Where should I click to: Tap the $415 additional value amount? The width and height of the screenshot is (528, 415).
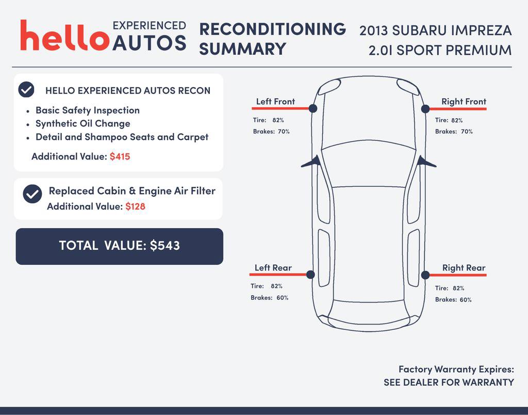pyautogui.click(x=120, y=156)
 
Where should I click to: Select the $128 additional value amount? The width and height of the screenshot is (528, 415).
pyautogui.click(x=135, y=206)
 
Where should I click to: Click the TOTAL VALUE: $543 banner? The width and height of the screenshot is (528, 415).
pyautogui.click(x=119, y=246)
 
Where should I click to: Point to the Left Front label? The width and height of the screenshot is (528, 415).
pyautogui.click(x=275, y=102)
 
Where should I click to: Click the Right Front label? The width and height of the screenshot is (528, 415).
pyautogui.click(x=464, y=102)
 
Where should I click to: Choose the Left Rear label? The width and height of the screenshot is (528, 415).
pyautogui.click(x=273, y=268)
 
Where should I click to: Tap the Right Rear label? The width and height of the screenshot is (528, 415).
pyautogui.click(x=464, y=268)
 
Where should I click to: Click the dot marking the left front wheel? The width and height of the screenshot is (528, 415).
pyautogui.click(x=312, y=108)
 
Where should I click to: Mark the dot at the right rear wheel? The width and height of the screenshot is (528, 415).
pyautogui.click(x=425, y=275)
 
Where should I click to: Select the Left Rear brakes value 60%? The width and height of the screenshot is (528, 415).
pyautogui.click(x=283, y=298)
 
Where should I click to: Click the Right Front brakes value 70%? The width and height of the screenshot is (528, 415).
pyautogui.click(x=467, y=132)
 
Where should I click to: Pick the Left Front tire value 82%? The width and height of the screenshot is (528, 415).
pyautogui.click(x=278, y=120)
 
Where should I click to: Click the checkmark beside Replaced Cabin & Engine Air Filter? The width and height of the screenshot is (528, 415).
pyautogui.click(x=32, y=194)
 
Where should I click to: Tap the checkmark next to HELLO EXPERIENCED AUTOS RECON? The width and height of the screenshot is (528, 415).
pyautogui.click(x=26, y=90)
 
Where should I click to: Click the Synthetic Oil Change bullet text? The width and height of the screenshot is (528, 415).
pyautogui.click(x=82, y=124)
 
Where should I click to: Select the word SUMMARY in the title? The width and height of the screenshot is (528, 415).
pyautogui.click(x=242, y=49)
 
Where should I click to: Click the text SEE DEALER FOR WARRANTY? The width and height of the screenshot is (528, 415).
pyautogui.click(x=449, y=382)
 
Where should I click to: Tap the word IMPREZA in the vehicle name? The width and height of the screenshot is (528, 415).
pyautogui.click(x=481, y=30)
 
